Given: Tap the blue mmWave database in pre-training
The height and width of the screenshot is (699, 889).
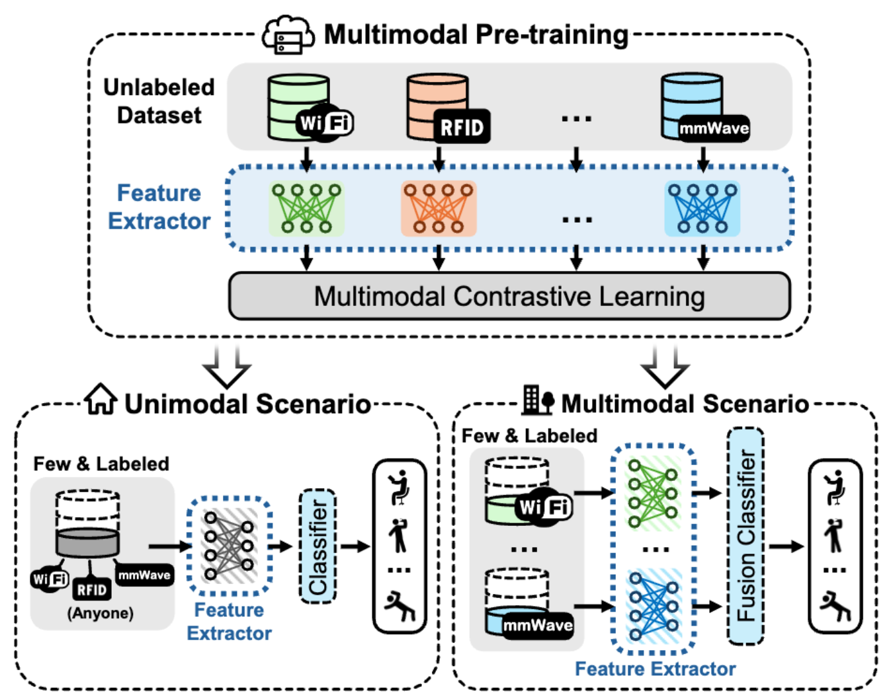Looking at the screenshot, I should (691, 106).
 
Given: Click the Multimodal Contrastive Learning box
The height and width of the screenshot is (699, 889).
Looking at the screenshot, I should (509, 297).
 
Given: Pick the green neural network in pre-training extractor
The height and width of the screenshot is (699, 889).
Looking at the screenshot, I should (307, 209).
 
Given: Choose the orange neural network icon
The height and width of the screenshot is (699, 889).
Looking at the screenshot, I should (439, 209).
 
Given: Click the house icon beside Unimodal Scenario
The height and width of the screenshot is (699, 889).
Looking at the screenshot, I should (101, 400).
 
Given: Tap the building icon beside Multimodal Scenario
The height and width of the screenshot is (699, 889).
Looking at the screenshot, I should (536, 400).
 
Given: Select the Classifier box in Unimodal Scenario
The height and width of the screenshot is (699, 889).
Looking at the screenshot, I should (318, 546).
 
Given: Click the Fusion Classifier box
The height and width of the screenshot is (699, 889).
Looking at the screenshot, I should (745, 536).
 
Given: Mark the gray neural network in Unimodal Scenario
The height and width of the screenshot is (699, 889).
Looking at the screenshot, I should (229, 546).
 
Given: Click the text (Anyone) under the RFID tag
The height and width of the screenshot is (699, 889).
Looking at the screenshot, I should (100, 613).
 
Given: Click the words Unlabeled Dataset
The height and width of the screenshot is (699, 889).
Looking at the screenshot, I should (159, 101).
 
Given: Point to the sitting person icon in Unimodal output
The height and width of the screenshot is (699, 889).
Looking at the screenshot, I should (400, 487).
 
